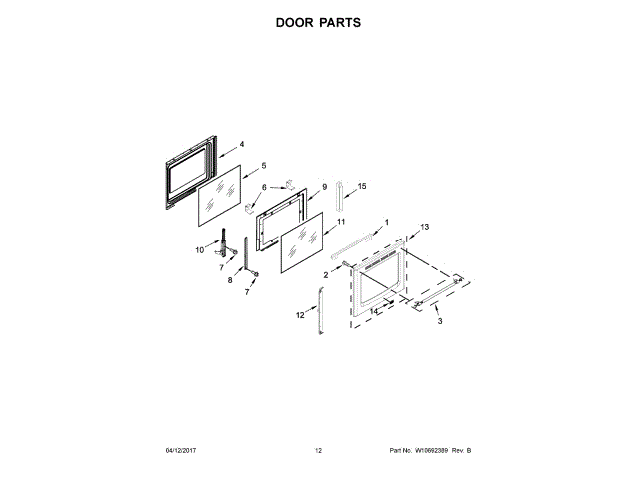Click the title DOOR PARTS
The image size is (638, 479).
pos(318,21)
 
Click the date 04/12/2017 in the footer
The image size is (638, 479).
pos(183,452)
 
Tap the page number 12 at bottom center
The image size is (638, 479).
pos(318,452)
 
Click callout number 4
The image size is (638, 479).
pos(242,144)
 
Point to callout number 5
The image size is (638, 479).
pos(264,165)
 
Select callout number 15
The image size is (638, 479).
pos(362,186)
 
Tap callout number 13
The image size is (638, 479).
pos(424,227)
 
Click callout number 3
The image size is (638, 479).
pos(440,321)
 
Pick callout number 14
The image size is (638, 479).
pos(374,311)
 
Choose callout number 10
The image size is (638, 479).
pos(199,249)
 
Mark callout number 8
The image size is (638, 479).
pos(230,281)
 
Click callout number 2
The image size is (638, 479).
pos(325,274)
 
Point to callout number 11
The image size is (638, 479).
pos(340,221)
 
